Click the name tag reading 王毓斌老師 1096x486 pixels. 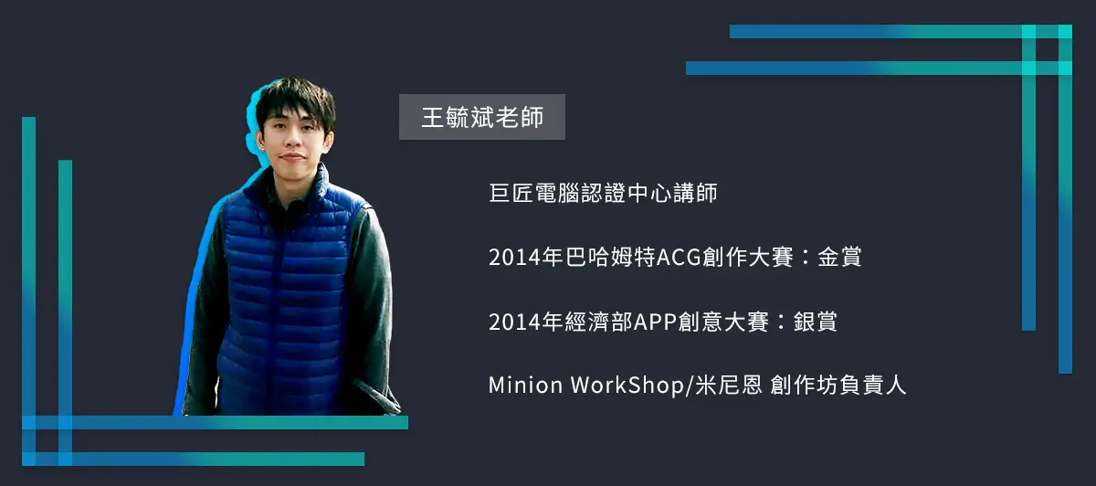[482, 117]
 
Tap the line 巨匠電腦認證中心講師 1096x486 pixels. [603, 193]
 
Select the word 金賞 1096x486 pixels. [839, 257]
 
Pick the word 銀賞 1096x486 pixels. [815, 322]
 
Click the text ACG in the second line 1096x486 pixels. [679, 258]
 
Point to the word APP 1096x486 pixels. [655, 322]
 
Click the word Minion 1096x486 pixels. [525, 386]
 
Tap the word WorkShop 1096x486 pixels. [627, 386]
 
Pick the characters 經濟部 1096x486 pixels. [599, 322]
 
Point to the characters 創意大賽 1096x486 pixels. [723, 322]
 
